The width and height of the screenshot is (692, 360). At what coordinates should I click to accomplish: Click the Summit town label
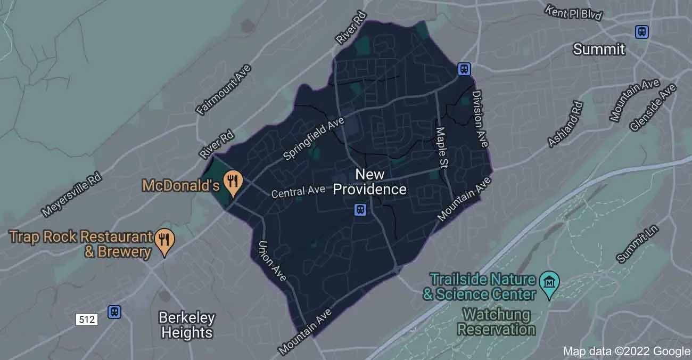[598, 50]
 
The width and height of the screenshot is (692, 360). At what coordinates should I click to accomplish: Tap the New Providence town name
[369, 182]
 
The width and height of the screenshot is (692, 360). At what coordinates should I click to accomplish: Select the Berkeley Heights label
[187, 325]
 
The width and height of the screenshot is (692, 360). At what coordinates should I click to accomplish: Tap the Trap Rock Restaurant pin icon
[164, 241]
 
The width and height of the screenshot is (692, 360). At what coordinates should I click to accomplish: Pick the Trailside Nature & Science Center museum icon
[548, 280]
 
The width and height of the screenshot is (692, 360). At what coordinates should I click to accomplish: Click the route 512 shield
[86, 320]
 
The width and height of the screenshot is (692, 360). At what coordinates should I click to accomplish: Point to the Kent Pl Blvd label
[573, 13]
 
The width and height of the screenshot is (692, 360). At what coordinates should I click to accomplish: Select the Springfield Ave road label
[314, 140]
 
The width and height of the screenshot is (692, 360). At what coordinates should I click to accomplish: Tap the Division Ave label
[480, 118]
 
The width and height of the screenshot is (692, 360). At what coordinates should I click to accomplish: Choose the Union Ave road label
[272, 260]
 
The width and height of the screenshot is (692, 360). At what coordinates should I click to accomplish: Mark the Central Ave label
[298, 192]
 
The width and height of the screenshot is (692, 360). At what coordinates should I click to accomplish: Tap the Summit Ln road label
[638, 243]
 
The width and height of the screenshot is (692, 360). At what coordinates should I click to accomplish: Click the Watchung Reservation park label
[496, 322]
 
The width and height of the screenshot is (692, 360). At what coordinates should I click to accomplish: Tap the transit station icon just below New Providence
[360, 209]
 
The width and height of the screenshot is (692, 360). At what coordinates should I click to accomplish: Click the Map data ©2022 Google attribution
[626, 351]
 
